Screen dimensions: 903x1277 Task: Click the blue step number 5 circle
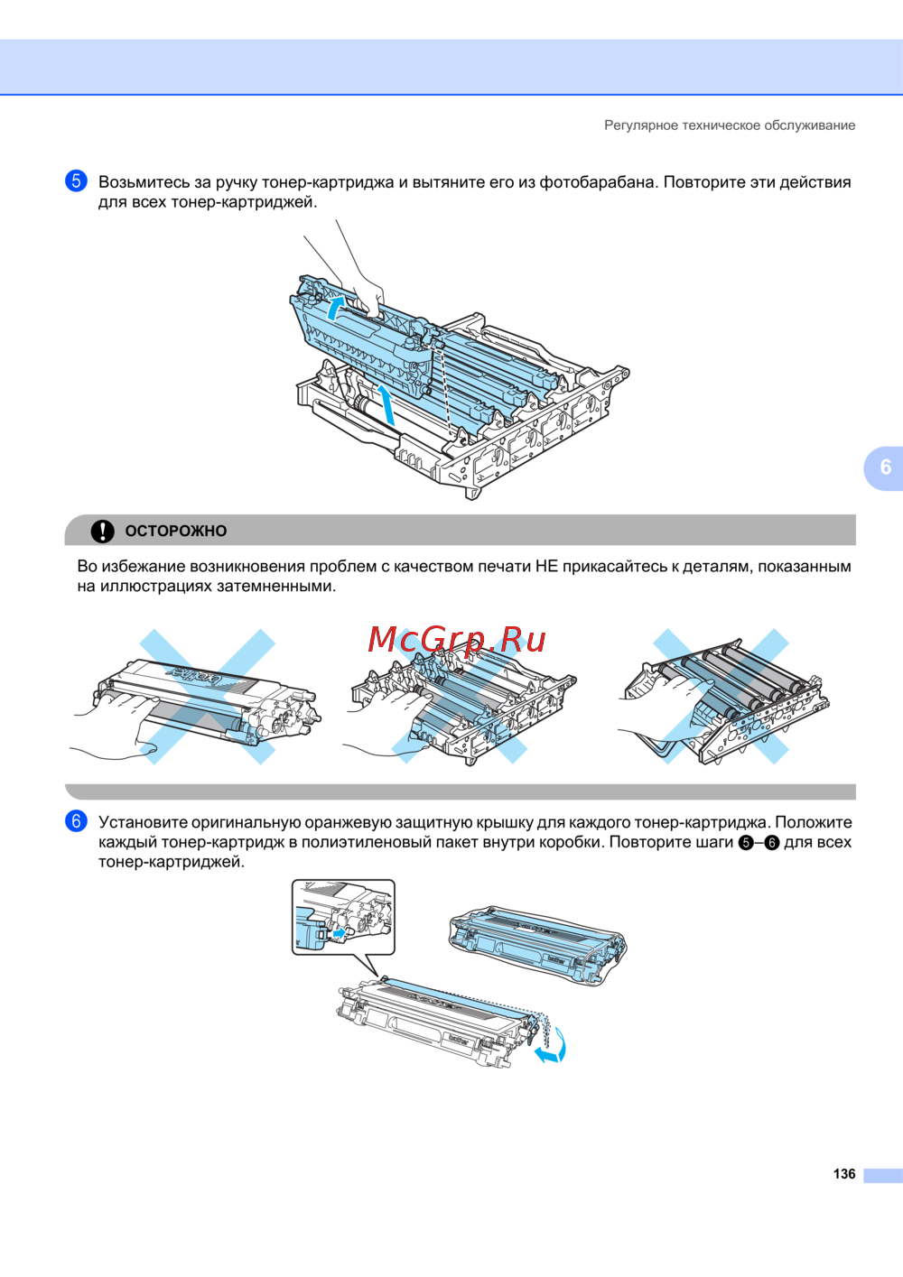76,180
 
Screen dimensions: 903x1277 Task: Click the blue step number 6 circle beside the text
76,821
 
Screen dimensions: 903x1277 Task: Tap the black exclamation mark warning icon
103,531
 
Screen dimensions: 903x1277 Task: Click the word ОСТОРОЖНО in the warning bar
176,531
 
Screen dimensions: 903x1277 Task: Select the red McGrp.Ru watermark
457,639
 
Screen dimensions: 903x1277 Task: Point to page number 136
844,1174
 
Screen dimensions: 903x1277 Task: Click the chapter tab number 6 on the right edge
885,467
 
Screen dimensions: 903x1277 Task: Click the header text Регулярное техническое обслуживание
730,125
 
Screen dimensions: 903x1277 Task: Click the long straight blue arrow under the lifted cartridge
387,405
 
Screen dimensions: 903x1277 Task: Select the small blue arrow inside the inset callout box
340,933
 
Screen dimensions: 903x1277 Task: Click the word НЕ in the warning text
547,566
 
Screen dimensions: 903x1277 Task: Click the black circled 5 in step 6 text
746,843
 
